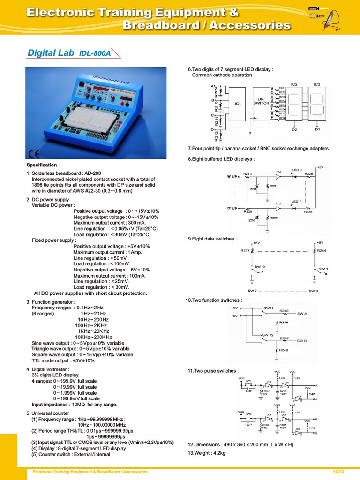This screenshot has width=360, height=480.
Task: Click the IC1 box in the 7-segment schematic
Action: point(237,104)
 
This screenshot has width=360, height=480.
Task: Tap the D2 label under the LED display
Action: point(294,130)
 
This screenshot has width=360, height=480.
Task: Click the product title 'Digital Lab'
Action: point(51,53)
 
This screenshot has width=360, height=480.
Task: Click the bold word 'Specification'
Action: point(42,165)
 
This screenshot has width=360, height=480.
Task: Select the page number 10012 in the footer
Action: point(338,471)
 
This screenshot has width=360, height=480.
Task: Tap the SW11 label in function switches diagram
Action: point(268,308)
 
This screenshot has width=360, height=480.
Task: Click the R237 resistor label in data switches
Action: point(245,251)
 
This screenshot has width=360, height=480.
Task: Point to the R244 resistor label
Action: point(321,251)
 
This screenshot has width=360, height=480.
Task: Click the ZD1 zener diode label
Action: point(253,189)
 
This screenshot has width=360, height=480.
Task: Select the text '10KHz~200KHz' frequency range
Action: point(94,337)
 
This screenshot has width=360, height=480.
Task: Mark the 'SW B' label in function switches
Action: point(302,341)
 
